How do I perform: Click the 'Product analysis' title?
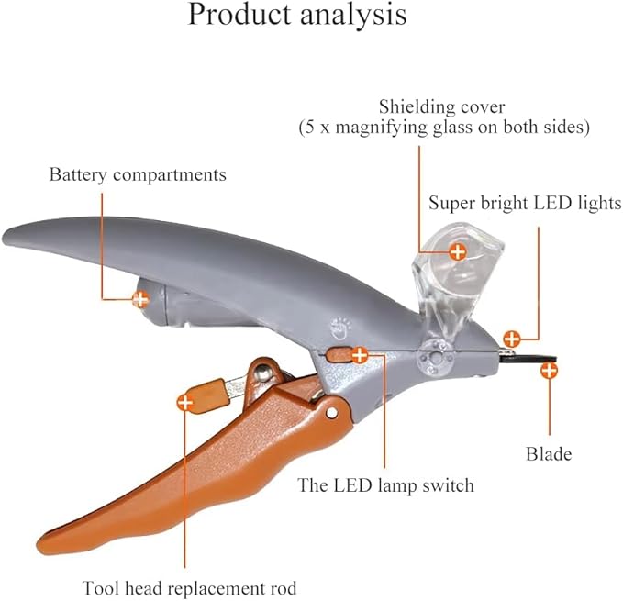[x=297, y=16]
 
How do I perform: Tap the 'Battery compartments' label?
[x=138, y=174]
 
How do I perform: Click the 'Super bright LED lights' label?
[x=525, y=203]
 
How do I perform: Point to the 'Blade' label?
[x=549, y=454]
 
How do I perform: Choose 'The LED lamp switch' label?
[x=386, y=484]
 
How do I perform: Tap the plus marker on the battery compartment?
[x=140, y=298]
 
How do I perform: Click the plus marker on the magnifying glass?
[x=457, y=249]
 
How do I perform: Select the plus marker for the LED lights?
[x=512, y=339]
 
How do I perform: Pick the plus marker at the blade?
[x=550, y=371]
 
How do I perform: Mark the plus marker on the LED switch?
[x=360, y=353]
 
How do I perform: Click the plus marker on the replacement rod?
[x=185, y=402]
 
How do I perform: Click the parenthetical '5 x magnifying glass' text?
[x=442, y=128]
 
